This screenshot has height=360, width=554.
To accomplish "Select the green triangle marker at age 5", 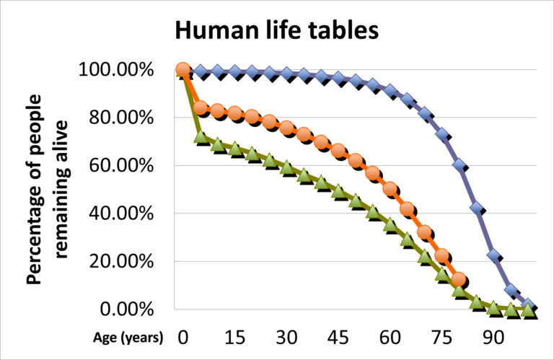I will point(200,137).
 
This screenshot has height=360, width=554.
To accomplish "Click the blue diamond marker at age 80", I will point(459,164).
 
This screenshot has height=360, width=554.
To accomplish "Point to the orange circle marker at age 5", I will point(200,109).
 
